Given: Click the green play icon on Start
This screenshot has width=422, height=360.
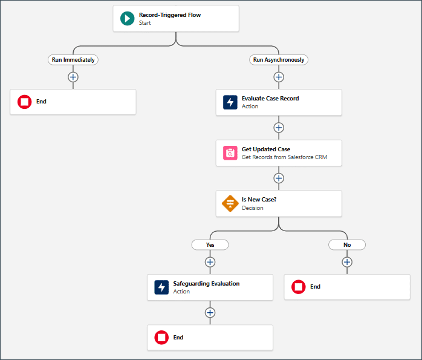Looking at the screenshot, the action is pos(128,19).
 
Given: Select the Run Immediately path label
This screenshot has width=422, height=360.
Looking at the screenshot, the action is pos(73,60).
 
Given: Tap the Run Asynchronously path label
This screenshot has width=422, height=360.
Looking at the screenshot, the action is pos(279,60).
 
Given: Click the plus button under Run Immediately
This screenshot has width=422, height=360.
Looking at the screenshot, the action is pos(73,77).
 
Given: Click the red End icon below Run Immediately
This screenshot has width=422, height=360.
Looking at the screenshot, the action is pos(25,102).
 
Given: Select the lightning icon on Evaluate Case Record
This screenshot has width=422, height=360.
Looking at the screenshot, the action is pos(230,102).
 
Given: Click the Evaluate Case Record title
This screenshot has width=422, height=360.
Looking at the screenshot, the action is pos(270,99).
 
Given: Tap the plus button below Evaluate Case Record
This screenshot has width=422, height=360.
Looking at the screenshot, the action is pos(279,128).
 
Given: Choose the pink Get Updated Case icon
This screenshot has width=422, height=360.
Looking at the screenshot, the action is pos(230,153).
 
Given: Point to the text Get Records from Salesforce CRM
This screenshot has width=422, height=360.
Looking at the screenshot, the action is pos(285,157).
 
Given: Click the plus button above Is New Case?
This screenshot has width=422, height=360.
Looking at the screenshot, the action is pos(279,178).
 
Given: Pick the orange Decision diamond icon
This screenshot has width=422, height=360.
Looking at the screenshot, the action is pos(230,203).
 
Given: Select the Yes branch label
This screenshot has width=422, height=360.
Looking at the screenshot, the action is pos(210,245).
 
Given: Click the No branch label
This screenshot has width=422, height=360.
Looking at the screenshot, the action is pos(347,245).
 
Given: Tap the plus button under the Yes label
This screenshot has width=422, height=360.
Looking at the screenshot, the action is pos(210,262).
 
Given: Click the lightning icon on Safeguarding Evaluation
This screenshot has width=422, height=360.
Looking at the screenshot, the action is pos(161,287).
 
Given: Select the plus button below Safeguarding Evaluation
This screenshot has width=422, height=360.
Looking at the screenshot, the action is pos(210,313).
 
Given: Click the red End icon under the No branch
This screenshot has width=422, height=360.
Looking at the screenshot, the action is pos(299,287).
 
